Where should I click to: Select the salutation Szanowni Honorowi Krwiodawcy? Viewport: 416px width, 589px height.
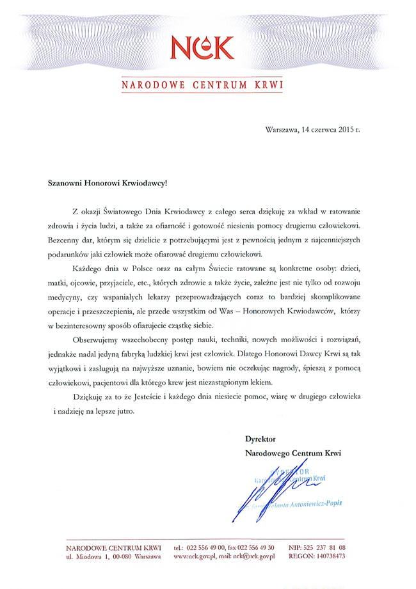click(x=107, y=182)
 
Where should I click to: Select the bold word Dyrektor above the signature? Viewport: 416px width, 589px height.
click(x=260, y=440)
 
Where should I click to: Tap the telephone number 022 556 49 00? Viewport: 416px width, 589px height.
click(x=206, y=548)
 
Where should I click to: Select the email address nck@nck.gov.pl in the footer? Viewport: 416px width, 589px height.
click(x=253, y=557)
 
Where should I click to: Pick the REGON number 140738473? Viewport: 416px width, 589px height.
click(x=327, y=557)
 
